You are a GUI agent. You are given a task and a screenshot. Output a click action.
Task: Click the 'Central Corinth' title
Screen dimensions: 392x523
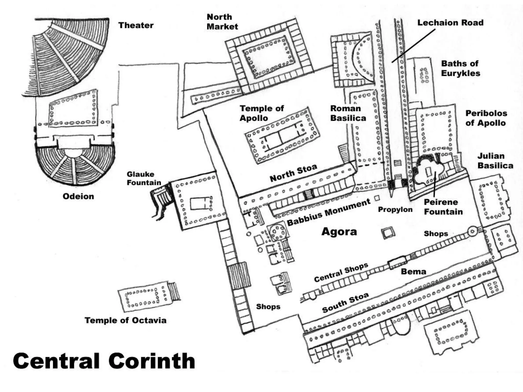pyautogui.click(x=104, y=361)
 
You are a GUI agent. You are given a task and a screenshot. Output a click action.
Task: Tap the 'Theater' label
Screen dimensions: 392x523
pyautogui.click(x=136, y=25)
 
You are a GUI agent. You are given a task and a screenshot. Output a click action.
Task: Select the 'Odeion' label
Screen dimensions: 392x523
pyautogui.click(x=78, y=196)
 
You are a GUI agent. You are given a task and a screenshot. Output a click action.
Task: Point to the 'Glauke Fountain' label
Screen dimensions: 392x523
pyautogui.click(x=144, y=178)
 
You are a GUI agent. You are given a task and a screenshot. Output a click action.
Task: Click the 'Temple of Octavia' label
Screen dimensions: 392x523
pyautogui.click(x=125, y=320)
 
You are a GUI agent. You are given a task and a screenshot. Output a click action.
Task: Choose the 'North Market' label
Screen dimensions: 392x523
pyautogui.click(x=222, y=22)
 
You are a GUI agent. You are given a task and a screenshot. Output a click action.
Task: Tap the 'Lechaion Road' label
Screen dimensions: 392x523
pyautogui.click(x=450, y=23)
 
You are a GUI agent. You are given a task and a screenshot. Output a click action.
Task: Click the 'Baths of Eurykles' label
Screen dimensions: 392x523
pyautogui.click(x=460, y=68)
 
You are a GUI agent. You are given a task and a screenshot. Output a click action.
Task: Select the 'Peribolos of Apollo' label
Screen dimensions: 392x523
pyautogui.click(x=486, y=118)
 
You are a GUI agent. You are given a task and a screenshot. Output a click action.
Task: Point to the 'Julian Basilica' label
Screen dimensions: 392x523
pyautogui.click(x=495, y=161)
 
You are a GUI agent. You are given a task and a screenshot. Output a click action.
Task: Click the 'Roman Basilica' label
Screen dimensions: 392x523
pyautogui.click(x=348, y=113)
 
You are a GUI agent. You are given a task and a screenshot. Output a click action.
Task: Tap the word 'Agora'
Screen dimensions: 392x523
pyautogui.click(x=339, y=231)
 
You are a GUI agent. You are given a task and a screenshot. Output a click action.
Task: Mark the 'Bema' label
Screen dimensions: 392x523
pyautogui.click(x=413, y=271)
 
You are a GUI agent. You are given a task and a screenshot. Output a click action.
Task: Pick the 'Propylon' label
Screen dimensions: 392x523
pyautogui.click(x=395, y=210)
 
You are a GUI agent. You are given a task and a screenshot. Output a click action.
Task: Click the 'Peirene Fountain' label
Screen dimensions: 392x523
pyautogui.click(x=443, y=207)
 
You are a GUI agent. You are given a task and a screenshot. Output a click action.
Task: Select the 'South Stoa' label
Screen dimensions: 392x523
pyautogui.click(x=345, y=302)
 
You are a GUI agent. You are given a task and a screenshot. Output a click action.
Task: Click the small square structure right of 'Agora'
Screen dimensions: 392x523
pyautogui.click(x=388, y=233)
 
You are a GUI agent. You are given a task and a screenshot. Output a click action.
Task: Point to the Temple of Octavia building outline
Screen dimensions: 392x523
pyautogui.click(x=143, y=297)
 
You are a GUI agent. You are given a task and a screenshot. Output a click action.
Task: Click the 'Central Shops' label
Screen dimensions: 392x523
pyautogui.click(x=341, y=272)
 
